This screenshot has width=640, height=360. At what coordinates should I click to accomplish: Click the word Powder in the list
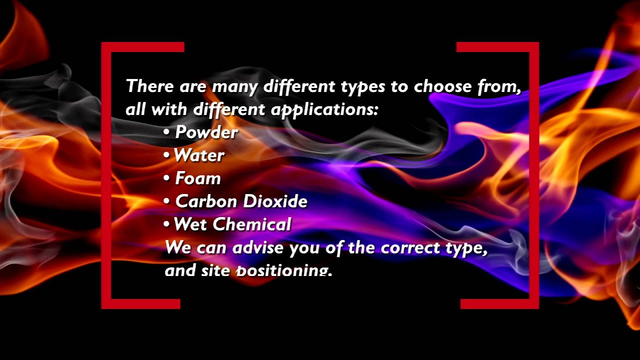coord(206,132)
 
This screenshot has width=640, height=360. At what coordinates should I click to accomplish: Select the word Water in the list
coord(199,155)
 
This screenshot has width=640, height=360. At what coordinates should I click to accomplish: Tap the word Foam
coord(198,178)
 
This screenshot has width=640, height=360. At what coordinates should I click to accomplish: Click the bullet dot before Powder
coord(166,132)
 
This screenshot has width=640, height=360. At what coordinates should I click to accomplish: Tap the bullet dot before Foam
coord(166,178)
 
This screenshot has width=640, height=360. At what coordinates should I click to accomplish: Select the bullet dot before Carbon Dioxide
coord(166,201)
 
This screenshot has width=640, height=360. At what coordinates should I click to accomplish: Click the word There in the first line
coord(149,86)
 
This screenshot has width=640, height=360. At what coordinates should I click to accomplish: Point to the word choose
coord(442,86)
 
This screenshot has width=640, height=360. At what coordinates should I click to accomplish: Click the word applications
coord(324,109)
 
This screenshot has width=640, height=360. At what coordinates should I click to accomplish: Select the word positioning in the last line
coord(283,270)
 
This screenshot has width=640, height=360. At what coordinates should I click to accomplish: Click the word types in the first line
coord(363,87)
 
